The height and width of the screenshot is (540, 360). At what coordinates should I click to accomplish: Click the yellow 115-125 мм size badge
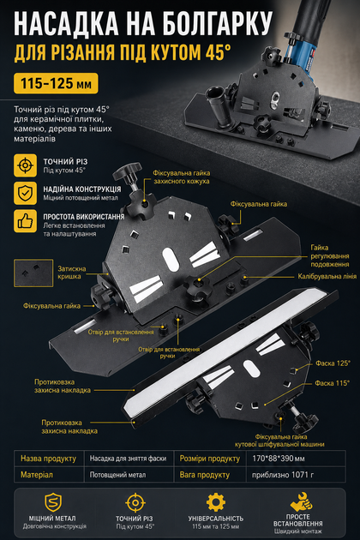point(56,83)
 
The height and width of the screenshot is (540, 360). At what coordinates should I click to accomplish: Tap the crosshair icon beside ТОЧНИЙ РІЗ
point(25,165)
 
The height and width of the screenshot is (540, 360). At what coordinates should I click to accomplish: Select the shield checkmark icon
point(25,193)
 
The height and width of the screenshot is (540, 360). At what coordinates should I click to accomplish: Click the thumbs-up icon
point(25,221)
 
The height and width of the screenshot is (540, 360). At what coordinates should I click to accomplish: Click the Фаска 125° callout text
point(333,363)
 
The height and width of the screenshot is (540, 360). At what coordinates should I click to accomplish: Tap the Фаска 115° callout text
point(332,383)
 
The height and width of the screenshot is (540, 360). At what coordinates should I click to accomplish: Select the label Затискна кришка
point(72,273)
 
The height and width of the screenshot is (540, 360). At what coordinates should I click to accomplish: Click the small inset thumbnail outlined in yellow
point(33,273)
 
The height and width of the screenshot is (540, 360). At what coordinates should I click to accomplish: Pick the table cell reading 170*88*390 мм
point(279,459)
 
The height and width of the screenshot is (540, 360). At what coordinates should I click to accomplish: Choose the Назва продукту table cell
point(48,459)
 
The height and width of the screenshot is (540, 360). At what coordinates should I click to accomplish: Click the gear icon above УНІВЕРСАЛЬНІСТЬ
point(216,502)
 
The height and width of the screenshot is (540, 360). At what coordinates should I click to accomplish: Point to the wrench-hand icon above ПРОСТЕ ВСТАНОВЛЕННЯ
point(301,501)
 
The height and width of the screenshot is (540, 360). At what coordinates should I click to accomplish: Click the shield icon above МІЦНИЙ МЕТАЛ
point(53,502)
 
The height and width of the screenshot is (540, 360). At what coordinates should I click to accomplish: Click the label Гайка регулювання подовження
point(330,256)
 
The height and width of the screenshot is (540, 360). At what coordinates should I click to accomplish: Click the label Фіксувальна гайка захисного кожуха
point(182,177)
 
